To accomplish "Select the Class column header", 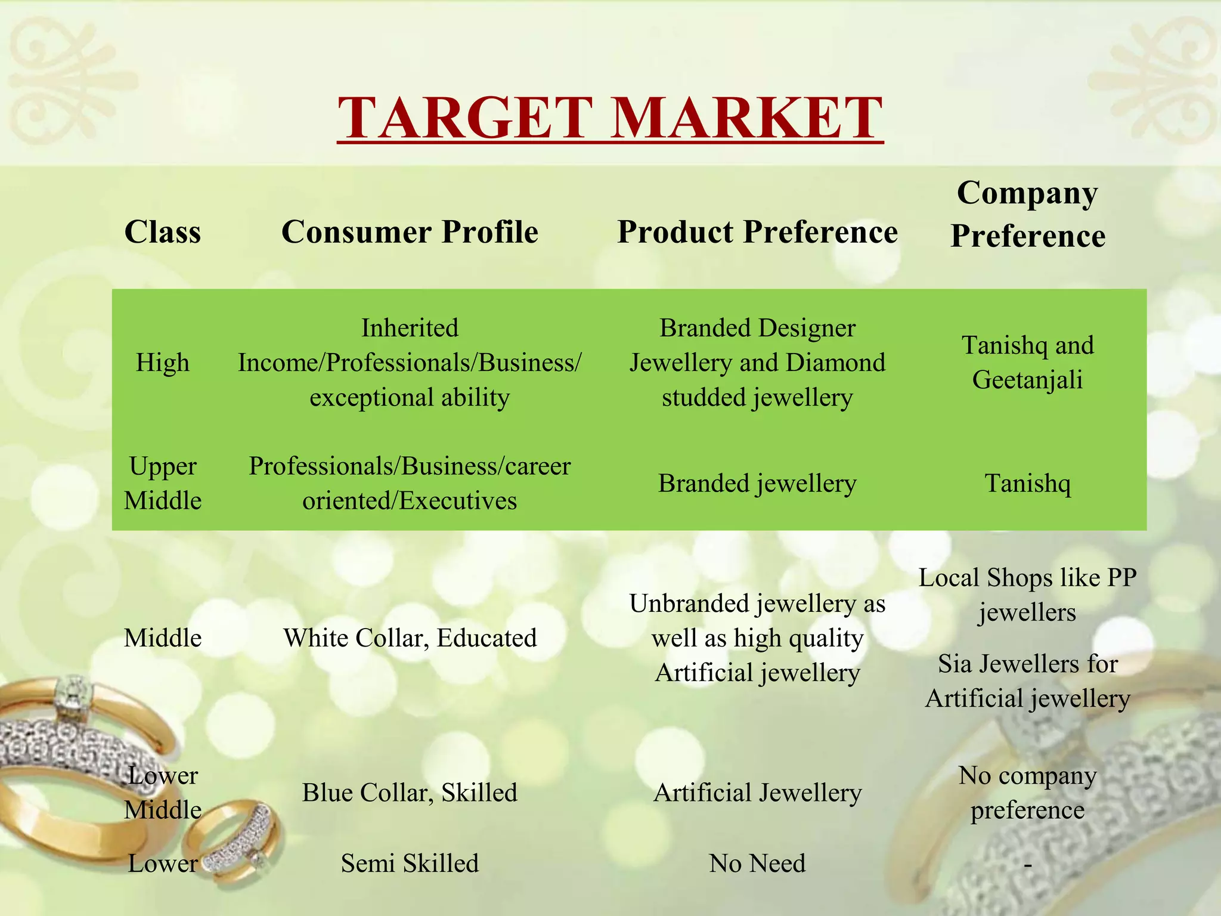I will pyautogui.click(x=163, y=231).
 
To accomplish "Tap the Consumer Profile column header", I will pyautogui.click(x=410, y=231).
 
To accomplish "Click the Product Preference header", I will pyautogui.click(x=757, y=231).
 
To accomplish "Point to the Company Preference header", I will pyautogui.click(x=1027, y=214).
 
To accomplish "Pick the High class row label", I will pyautogui.click(x=163, y=363).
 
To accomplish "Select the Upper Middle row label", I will pyautogui.click(x=163, y=483).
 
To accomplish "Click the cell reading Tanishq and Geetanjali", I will pyautogui.click(x=1027, y=363).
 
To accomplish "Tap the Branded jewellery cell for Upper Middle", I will pyautogui.click(x=757, y=483).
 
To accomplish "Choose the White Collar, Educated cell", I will pyautogui.click(x=410, y=638).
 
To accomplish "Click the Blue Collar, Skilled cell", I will pyautogui.click(x=410, y=793).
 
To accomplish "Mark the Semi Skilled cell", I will pyautogui.click(x=410, y=863).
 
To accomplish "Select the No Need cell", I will pyautogui.click(x=757, y=863).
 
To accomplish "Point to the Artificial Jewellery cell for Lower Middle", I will pyautogui.click(x=757, y=793).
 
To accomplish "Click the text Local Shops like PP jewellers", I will pyautogui.click(x=1027, y=595).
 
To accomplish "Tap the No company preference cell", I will pyautogui.click(x=1027, y=793).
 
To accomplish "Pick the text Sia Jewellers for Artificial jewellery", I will pyautogui.click(x=1027, y=681).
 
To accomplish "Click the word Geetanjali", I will pyautogui.click(x=1027, y=380).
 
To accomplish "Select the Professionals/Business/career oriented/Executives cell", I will pyautogui.click(x=410, y=483).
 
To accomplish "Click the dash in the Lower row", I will pyautogui.click(x=1027, y=865).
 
